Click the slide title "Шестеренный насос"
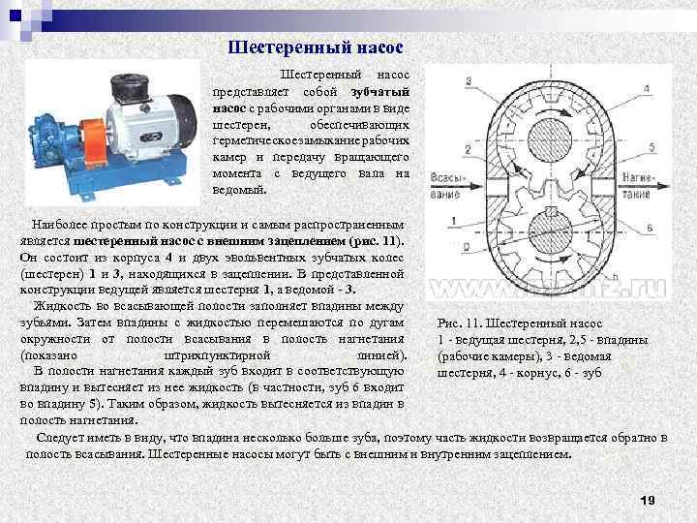coord(315,46)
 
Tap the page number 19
coord(649,500)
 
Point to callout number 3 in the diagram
coord(468,79)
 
